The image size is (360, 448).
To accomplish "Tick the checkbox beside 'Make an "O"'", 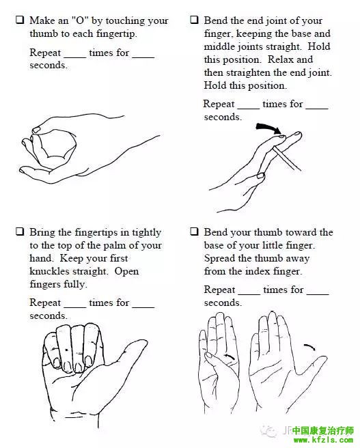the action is [20, 20].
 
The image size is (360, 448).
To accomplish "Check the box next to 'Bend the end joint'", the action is [194, 20].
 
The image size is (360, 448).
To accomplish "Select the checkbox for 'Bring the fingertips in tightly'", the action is [20, 232].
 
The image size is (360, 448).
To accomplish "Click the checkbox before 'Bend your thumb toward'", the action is [194, 232].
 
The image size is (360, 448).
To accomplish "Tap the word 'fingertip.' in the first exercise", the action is [117, 33].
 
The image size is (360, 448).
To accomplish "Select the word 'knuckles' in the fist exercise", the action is [49, 271].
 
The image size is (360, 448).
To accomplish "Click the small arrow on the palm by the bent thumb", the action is [230, 357].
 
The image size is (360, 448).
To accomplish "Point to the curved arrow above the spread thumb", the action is [309, 347].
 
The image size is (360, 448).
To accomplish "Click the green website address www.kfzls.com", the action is [323, 440].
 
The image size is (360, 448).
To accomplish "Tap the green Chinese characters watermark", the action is [323, 430].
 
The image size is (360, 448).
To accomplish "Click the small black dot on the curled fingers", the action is [66, 350].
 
